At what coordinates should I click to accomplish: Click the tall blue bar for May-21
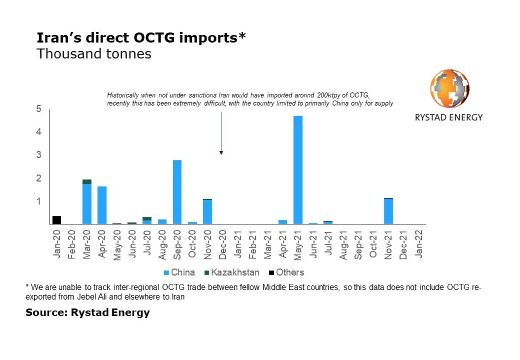(298, 170)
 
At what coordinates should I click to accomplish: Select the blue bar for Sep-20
(177, 192)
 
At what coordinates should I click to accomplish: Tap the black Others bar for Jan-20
(57, 220)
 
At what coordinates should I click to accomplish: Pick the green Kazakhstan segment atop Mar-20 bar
(87, 182)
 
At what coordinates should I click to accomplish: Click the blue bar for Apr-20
(102, 205)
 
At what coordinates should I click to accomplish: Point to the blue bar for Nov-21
(388, 211)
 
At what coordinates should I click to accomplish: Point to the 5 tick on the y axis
(39, 109)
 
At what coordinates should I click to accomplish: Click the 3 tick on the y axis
(39, 155)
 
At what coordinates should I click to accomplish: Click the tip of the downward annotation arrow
(221, 153)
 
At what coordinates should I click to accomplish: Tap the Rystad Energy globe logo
(449, 88)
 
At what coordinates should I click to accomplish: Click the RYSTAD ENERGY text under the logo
(449, 117)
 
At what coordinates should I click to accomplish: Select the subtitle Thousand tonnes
(93, 54)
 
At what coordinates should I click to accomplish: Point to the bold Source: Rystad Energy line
(88, 313)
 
